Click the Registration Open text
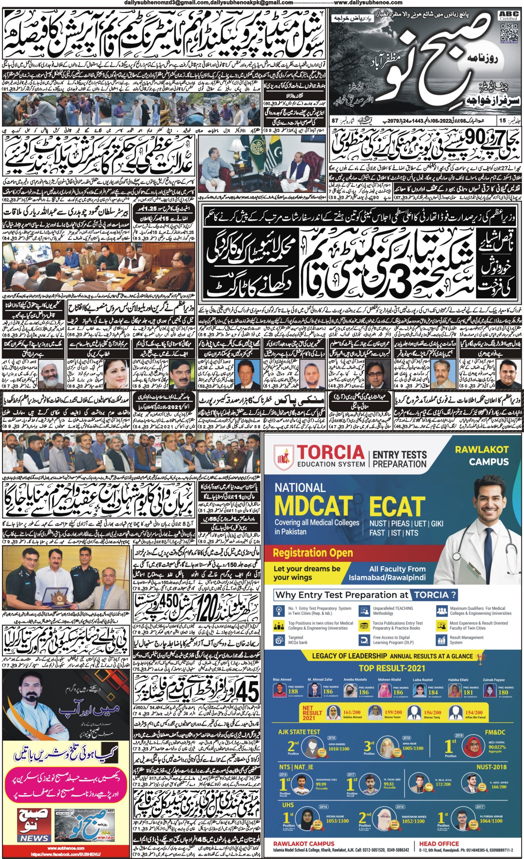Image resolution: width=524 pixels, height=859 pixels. (x=313, y=553)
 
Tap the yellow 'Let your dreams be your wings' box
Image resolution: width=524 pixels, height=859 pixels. (x=307, y=573)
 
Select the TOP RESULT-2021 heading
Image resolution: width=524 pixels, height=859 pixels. (x=392, y=668)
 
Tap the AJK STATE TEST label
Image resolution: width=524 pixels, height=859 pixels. (x=299, y=731)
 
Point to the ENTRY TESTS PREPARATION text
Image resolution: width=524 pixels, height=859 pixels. (x=399, y=459)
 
